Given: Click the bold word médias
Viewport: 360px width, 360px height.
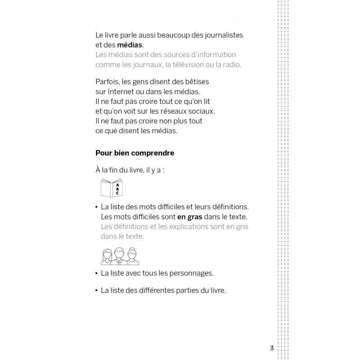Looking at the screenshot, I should pos(130,45).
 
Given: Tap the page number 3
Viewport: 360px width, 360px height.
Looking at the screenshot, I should pos(272,348).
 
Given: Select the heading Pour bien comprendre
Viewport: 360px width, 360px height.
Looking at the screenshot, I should pos(135,153).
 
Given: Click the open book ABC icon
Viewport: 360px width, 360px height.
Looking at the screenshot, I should pos(112,188).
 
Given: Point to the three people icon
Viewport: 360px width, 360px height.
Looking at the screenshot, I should pos(120,256).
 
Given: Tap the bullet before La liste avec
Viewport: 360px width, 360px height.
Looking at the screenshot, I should pos(96,273).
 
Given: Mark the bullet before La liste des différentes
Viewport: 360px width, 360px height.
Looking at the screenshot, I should pos(96,291).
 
